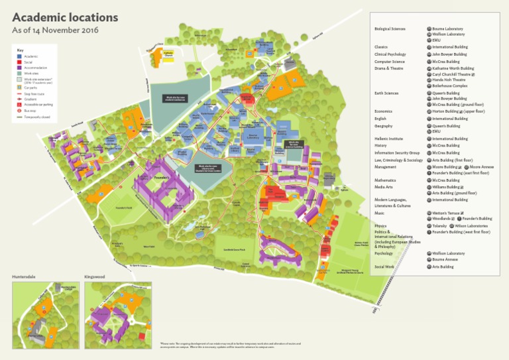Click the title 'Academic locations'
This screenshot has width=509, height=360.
click(x=65, y=18)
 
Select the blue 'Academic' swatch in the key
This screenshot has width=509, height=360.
click(x=20, y=57)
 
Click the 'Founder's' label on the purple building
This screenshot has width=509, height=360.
click(x=162, y=178)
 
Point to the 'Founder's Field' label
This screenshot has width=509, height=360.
click(x=124, y=208)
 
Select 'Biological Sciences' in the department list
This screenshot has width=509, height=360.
click(x=390, y=29)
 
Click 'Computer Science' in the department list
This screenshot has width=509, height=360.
click(x=389, y=62)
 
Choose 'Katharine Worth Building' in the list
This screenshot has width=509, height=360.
click(x=453, y=68)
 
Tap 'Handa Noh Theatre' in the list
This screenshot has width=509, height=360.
click(x=447, y=80)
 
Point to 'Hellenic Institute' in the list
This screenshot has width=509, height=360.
click(x=388, y=139)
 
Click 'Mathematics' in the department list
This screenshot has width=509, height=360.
click(x=385, y=180)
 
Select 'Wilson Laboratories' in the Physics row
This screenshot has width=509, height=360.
click(x=471, y=225)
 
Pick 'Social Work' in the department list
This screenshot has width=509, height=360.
click(x=384, y=267)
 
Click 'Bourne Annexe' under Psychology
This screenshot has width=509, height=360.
click(x=445, y=259)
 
